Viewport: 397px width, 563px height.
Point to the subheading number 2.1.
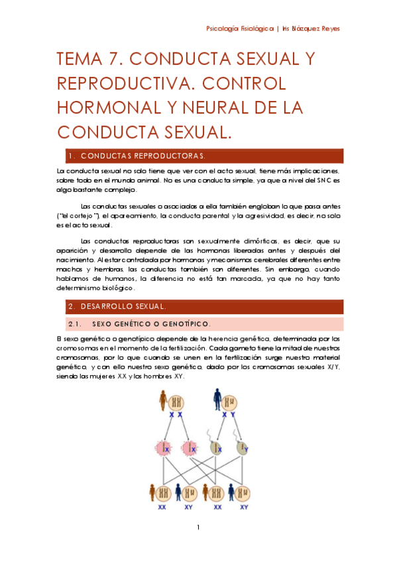[74, 324]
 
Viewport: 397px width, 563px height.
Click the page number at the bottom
[198, 528]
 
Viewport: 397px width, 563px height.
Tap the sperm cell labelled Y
[242, 447]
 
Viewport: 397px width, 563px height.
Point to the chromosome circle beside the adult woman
[177, 400]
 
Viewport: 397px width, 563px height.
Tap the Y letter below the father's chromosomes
[232, 415]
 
